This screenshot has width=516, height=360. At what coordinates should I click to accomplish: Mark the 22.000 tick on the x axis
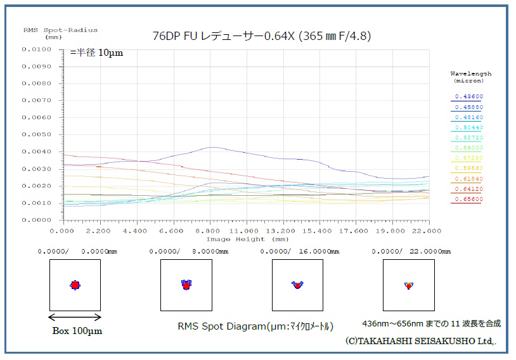click(x=429, y=231)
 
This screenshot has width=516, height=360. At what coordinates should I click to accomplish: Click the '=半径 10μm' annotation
click(x=96, y=53)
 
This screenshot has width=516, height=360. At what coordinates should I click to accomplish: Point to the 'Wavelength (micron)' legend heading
click(x=470, y=77)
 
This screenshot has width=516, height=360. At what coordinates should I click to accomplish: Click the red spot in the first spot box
click(x=75, y=285)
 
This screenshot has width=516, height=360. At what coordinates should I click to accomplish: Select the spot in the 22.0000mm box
click(x=409, y=286)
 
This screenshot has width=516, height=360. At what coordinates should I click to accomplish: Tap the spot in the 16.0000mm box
click(x=297, y=285)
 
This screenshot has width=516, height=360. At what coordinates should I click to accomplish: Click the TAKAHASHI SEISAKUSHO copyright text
click(x=421, y=341)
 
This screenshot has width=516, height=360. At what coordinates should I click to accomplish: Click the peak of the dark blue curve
click(x=212, y=147)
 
